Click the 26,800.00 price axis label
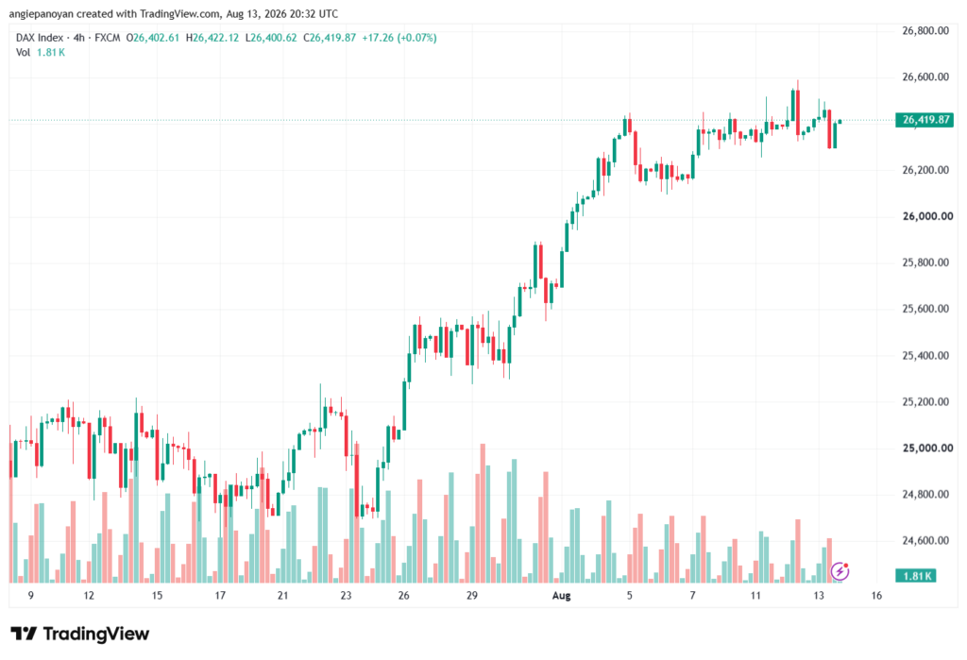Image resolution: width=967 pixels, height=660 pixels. pyautogui.click(x=925, y=31)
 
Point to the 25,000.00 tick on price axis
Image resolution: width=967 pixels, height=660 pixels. pyautogui.click(x=927, y=448)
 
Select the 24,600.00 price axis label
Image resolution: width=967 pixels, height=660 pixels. pyautogui.click(x=925, y=540)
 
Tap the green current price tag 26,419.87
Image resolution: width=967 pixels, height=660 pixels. pyautogui.click(x=924, y=120)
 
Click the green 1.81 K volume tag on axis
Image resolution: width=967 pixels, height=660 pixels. pyautogui.click(x=916, y=576)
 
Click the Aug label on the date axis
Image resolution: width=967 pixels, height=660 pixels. pyautogui.click(x=561, y=595)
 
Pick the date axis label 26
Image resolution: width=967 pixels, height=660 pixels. pyautogui.click(x=403, y=595)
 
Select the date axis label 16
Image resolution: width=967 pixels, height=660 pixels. pyautogui.click(x=876, y=595)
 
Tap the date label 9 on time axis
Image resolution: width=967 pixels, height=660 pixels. pyautogui.click(x=31, y=595)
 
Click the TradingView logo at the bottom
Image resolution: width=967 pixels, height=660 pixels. pyautogui.click(x=80, y=634)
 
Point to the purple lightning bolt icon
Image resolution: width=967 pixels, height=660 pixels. pyautogui.click(x=840, y=571)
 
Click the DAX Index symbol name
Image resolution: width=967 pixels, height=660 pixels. pyautogui.click(x=40, y=38)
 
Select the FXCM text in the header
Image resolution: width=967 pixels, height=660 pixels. pyautogui.click(x=108, y=38)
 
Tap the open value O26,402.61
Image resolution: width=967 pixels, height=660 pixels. pyautogui.click(x=152, y=38)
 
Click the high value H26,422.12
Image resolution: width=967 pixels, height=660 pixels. pyautogui.click(x=212, y=38)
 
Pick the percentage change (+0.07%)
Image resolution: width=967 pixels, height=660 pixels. pyautogui.click(x=416, y=38)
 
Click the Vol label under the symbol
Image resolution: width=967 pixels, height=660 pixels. pyautogui.click(x=23, y=53)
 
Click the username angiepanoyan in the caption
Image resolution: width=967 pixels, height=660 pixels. pyautogui.click(x=42, y=13)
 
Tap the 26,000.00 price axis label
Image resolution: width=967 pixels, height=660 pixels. pyautogui.click(x=927, y=216)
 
